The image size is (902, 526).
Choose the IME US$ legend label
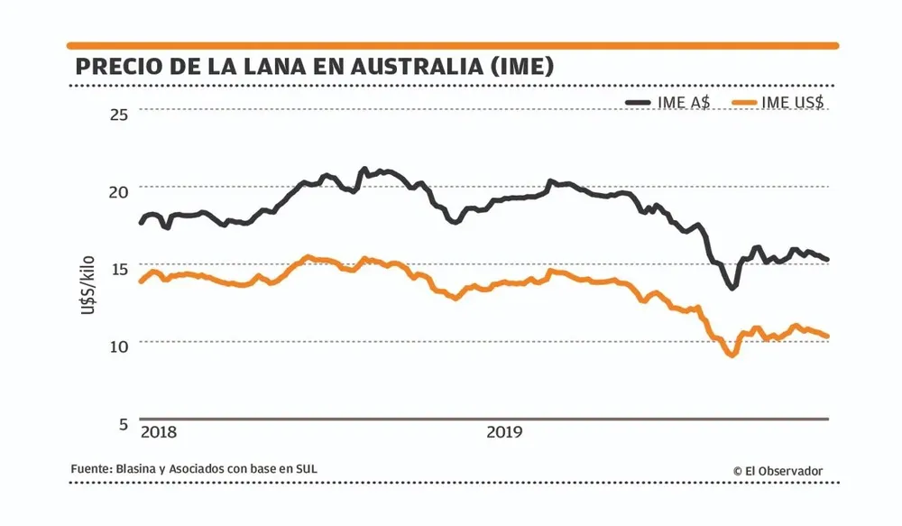[793, 102]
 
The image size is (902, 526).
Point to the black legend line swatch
[639, 102]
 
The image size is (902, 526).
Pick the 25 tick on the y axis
[120, 113]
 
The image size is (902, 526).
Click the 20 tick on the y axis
[120, 190]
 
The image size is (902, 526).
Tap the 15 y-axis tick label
[120, 268]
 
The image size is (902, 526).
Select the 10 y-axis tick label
[120, 346]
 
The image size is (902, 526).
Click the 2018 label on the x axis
[160, 433]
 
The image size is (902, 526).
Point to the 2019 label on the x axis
[505, 433]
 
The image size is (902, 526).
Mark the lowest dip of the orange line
[731, 355]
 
